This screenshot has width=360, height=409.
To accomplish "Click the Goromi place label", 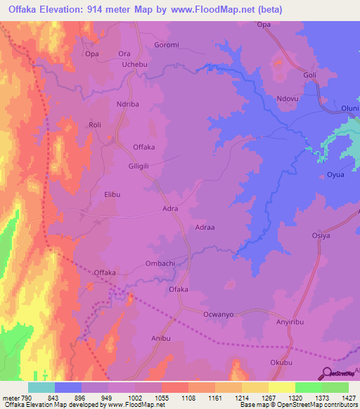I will point(167,44).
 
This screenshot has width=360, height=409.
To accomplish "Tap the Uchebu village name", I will point(136,64).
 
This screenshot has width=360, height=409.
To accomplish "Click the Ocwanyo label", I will point(218,314).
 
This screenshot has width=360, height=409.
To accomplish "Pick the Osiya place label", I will point(321,236).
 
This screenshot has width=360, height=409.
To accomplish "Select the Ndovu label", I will point(289,99).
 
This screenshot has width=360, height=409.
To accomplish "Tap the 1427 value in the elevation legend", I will point(336,398).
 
